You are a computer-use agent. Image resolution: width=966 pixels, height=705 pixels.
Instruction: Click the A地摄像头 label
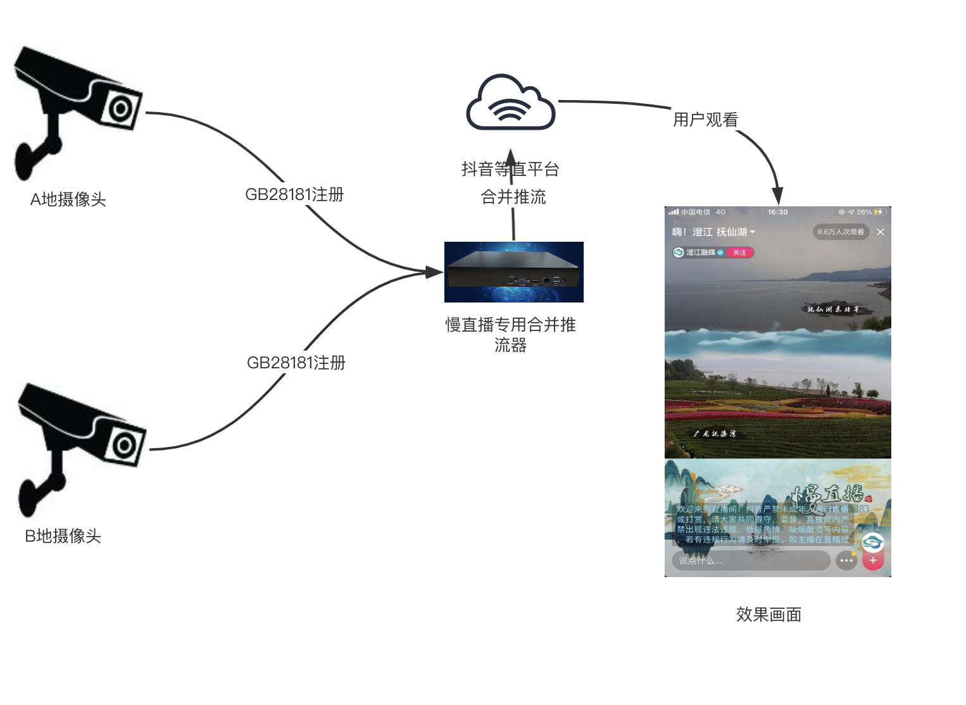coord(68,199)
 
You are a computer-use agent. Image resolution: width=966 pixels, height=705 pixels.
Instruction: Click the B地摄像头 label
coord(63,536)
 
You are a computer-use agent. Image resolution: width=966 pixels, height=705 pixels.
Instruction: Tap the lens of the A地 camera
coord(120,109)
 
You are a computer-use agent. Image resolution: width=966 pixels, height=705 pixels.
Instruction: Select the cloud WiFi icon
coord(510,104)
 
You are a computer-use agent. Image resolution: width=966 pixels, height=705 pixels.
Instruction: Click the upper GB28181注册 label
coord(294,194)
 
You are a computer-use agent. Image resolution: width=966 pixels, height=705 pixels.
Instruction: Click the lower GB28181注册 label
coord(296,363)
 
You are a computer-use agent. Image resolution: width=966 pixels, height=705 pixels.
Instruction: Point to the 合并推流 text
coord(513,197)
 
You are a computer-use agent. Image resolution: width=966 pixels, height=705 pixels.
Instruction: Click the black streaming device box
coord(513,272)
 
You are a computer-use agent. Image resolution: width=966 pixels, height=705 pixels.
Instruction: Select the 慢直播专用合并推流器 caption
coord(510,334)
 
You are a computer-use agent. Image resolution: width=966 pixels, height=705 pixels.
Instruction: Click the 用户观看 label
coord(705,120)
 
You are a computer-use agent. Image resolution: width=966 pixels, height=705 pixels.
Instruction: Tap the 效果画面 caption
coord(768,615)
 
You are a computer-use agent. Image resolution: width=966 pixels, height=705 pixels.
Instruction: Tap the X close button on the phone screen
coord(880,232)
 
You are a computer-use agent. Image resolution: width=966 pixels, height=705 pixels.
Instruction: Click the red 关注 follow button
coord(739,253)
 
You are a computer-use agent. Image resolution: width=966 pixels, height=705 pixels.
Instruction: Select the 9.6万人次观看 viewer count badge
coord(840,232)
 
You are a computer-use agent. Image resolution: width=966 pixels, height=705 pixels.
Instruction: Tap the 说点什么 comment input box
coord(750,561)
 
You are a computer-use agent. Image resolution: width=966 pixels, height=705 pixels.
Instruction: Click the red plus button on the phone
coord(873,560)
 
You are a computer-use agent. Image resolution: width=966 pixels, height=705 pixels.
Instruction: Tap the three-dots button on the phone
coord(846,561)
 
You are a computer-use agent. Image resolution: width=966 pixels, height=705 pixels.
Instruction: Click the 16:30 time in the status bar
coord(777,212)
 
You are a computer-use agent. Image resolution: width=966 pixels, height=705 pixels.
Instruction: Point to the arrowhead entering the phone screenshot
coord(777,196)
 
